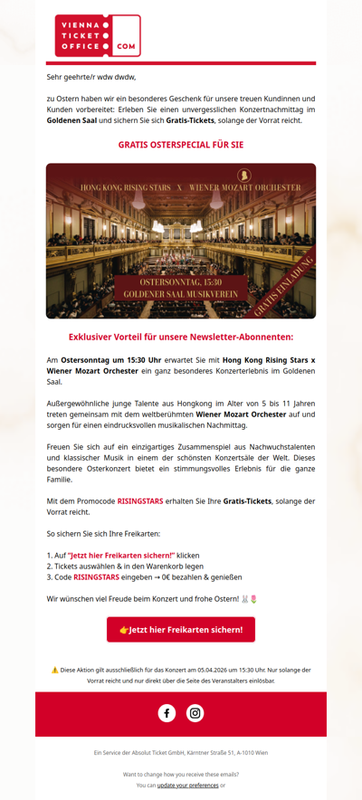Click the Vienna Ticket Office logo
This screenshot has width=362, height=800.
97,35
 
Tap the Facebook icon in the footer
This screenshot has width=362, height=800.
167,713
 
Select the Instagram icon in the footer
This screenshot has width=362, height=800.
195,713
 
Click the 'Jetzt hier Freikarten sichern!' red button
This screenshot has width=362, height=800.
181,629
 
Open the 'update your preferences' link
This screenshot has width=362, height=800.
187,786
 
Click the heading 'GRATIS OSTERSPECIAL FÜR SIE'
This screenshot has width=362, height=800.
181,145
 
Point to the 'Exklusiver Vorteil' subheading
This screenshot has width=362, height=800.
181,337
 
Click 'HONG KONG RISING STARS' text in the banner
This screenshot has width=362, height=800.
125,187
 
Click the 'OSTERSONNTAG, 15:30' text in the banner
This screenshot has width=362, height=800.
181,282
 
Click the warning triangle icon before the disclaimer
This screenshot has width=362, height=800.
54,671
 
